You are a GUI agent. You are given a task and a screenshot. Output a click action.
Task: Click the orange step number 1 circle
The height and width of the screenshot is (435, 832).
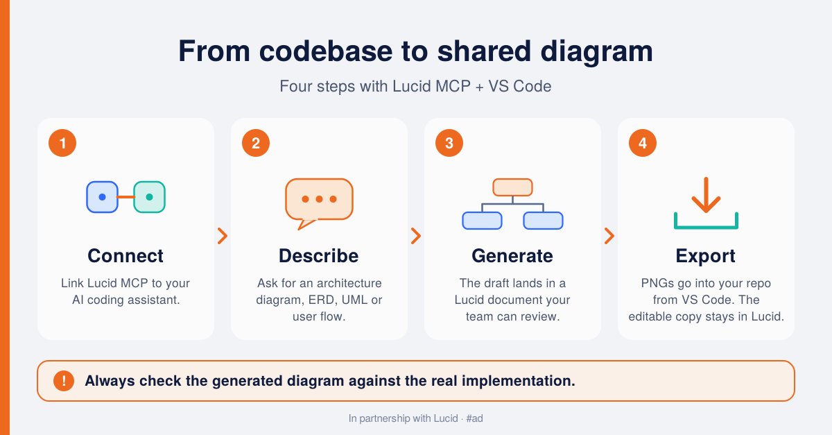click(x=62, y=143)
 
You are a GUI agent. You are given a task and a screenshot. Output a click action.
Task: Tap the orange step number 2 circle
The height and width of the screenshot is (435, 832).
click(x=256, y=143)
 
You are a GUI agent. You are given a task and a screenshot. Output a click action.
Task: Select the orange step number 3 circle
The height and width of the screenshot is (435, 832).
click(x=449, y=143)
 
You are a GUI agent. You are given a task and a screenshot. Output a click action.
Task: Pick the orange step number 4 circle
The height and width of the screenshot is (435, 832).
click(x=643, y=143)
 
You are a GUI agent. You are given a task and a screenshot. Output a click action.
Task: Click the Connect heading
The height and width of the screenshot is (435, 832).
click(x=125, y=256)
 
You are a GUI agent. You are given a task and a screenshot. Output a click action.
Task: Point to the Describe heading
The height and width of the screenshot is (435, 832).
click(x=319, y=256)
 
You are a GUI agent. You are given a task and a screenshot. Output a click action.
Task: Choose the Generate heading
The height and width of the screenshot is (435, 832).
click(x=512, y=256)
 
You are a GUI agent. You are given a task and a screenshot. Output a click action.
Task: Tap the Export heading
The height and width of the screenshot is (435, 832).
click(x=705, y=257)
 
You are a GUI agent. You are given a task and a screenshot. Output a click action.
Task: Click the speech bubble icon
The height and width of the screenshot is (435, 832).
click(x=319, y=203)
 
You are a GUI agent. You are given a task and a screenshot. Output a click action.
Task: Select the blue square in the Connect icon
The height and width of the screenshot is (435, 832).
click(x=102, y=197)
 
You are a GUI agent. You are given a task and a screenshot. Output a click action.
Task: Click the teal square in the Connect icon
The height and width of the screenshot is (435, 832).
click(x=149, y=197)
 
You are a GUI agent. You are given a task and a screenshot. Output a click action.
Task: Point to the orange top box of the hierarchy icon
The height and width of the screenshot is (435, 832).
click(x=512, y=187)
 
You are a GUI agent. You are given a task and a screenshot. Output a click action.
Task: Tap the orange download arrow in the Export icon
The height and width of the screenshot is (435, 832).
click(x=706, y=195)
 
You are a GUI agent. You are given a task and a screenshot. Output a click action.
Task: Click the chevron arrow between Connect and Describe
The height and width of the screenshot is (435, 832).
click(x=223, y=236)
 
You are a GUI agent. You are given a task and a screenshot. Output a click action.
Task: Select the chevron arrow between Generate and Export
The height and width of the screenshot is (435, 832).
click(x=609, y=236)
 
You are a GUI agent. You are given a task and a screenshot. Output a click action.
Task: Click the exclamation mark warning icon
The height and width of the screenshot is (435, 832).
click(x=64, y=381)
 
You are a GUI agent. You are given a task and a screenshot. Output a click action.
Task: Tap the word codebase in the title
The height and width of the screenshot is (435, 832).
click(x=326, y=51)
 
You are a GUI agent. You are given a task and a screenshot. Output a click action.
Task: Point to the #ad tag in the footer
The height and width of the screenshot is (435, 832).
click(x=474, y=418)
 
